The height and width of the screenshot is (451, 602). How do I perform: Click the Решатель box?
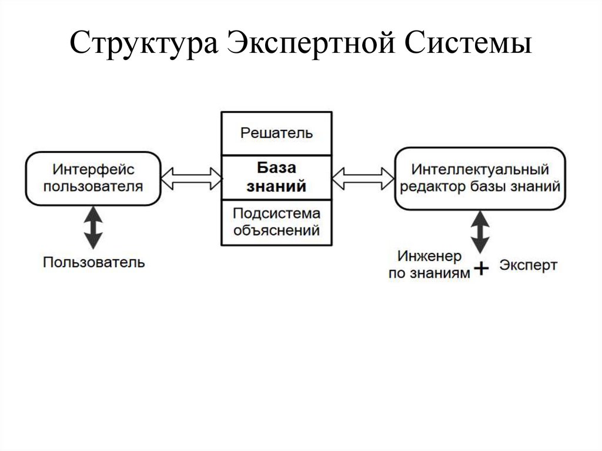pos(276,132)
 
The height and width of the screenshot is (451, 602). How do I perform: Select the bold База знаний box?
pos(276,178)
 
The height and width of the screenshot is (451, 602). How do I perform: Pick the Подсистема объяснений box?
pos(276,222)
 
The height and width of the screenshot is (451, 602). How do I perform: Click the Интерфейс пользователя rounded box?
pos(93,178)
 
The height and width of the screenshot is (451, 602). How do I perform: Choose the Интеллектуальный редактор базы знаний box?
pos(480,178)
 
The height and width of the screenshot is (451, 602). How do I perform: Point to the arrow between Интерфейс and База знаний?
pos(191,178)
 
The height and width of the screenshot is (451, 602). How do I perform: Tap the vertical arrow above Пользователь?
pos(93,226)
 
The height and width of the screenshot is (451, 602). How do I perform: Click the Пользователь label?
pos(93,262)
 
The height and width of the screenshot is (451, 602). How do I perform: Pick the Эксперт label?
pos(529,265)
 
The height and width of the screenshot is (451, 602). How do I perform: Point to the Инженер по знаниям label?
pos(430,265)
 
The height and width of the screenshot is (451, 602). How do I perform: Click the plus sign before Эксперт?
pos(481,269)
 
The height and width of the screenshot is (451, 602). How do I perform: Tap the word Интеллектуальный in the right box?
pos(480,170)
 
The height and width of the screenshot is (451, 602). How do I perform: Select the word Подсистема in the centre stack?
pos(276,213)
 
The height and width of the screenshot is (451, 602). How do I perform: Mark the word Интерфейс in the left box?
pos(93,170)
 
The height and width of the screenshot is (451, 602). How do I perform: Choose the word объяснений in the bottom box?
pos(276,230)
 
